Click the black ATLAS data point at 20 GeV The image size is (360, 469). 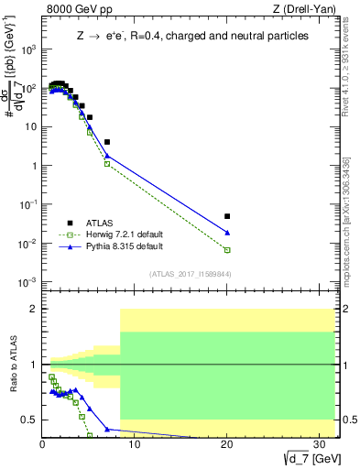(x=227, y=216)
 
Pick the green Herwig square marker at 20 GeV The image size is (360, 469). (x=227, y=250)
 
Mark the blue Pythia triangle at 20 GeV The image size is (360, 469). (x=227, y=233)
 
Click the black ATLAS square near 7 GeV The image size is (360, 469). (x=107, y=142)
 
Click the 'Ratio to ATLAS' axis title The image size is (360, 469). (x=13, y=365)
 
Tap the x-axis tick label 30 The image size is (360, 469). (x=320, y=444)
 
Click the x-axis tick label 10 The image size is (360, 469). (x=135, y=444)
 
